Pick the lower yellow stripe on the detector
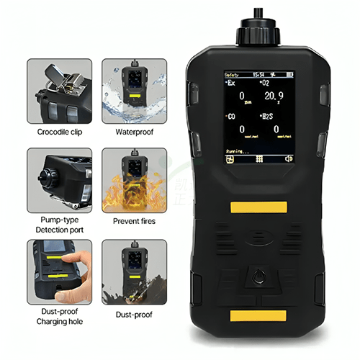point(258,315)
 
